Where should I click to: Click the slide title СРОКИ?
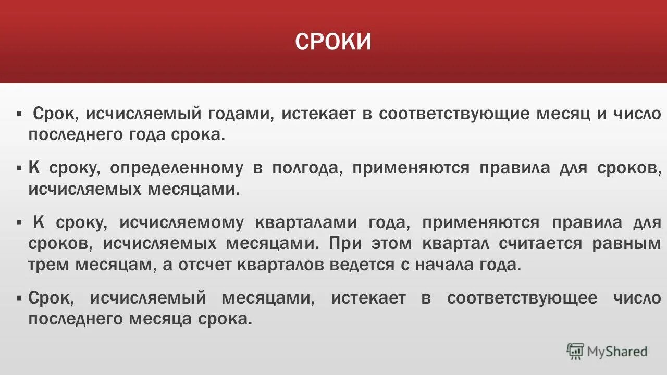[333, 42]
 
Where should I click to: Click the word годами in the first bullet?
[243, 114]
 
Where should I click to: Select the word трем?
[46, 265]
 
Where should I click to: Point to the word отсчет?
[205, 265]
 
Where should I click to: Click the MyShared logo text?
[617, 352]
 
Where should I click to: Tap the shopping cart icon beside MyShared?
[575, 352]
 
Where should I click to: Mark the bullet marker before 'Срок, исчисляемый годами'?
[19, 114]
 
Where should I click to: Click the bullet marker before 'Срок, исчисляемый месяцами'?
[19, 298]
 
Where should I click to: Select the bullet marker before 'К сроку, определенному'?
[19, 168]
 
